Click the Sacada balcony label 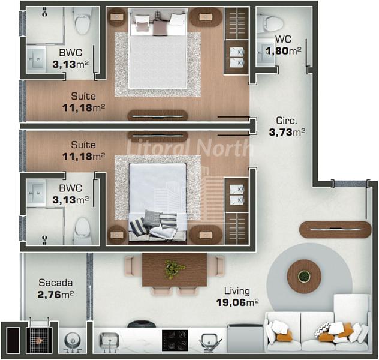(56, 283)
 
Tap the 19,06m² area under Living (237, 302)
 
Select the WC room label (283, 39)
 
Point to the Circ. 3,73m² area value (287, 132)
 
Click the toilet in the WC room (270, 23)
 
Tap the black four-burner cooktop (175, 341)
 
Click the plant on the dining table (173, 268)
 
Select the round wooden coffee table (304, 277)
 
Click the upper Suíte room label (83, 96)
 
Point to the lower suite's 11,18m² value (83, 157)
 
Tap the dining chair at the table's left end (130, 266)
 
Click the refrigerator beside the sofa (245, 338)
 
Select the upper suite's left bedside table (117, 17)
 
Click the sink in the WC (265, 52)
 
